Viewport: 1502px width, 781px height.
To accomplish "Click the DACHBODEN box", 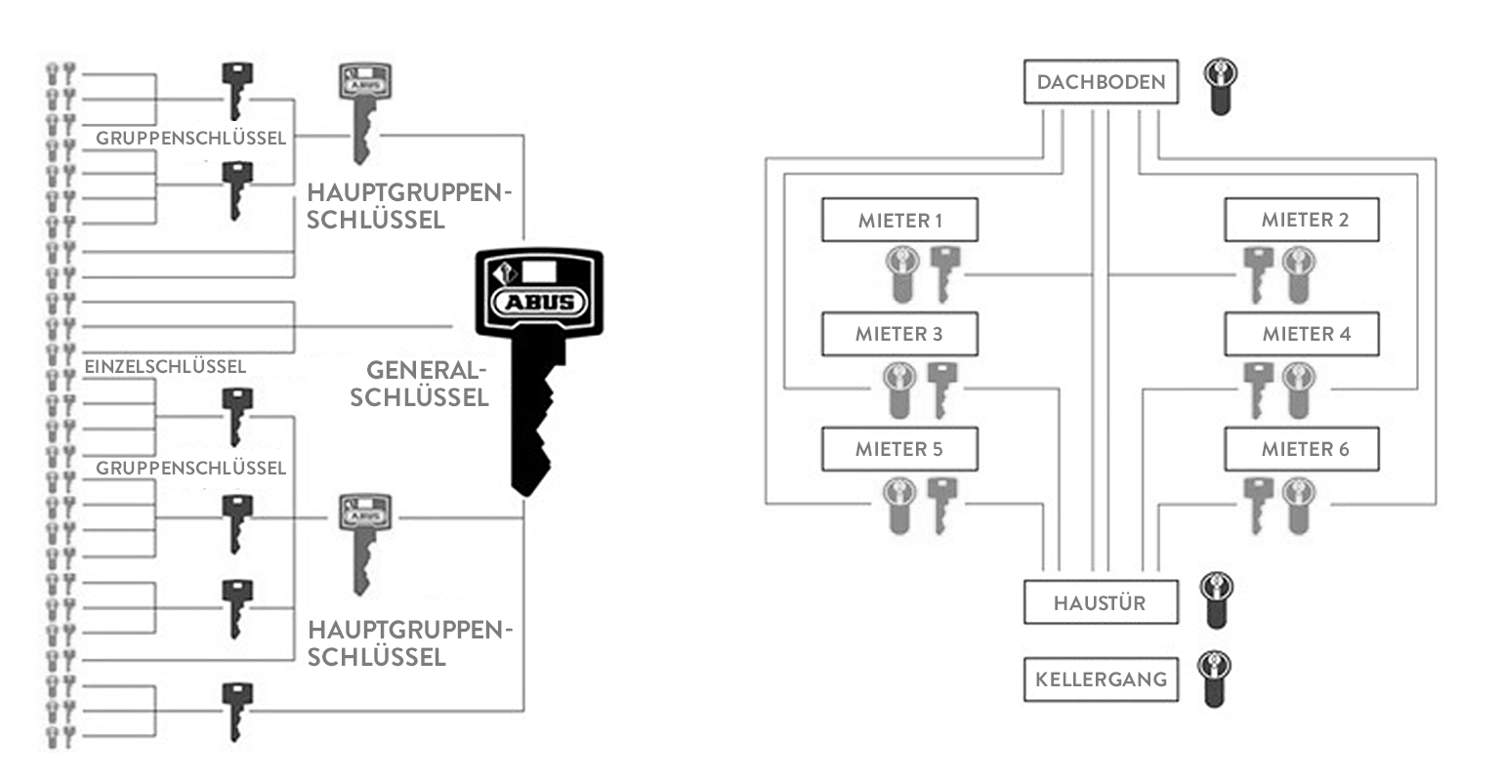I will tap(1101, 82).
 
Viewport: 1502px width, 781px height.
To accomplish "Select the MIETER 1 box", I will tap(899, 221).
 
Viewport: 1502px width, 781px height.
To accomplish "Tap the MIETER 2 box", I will tap(1303, 221).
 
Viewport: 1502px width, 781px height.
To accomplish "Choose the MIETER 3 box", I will tap(899, 334).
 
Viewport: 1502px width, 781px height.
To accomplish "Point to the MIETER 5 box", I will tap(899, 449).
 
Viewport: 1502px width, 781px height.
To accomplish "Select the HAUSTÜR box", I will tap(1101, 602).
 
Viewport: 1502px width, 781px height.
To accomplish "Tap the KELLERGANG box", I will tap(1101, 678).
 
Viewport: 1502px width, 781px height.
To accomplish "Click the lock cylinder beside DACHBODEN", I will tap(1219, 86).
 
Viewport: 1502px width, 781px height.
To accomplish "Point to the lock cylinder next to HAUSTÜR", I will tap(1216, 598).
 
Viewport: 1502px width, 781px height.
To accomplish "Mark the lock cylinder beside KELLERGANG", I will tap(1216, 678).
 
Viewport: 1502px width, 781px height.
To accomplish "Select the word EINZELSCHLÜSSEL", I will tap(166, 367).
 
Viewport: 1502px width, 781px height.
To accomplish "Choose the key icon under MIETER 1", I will tap(944, 272).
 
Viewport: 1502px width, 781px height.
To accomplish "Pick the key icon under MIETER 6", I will tap(1257, 504).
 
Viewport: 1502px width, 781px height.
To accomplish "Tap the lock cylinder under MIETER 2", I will tap(1299, 273).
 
